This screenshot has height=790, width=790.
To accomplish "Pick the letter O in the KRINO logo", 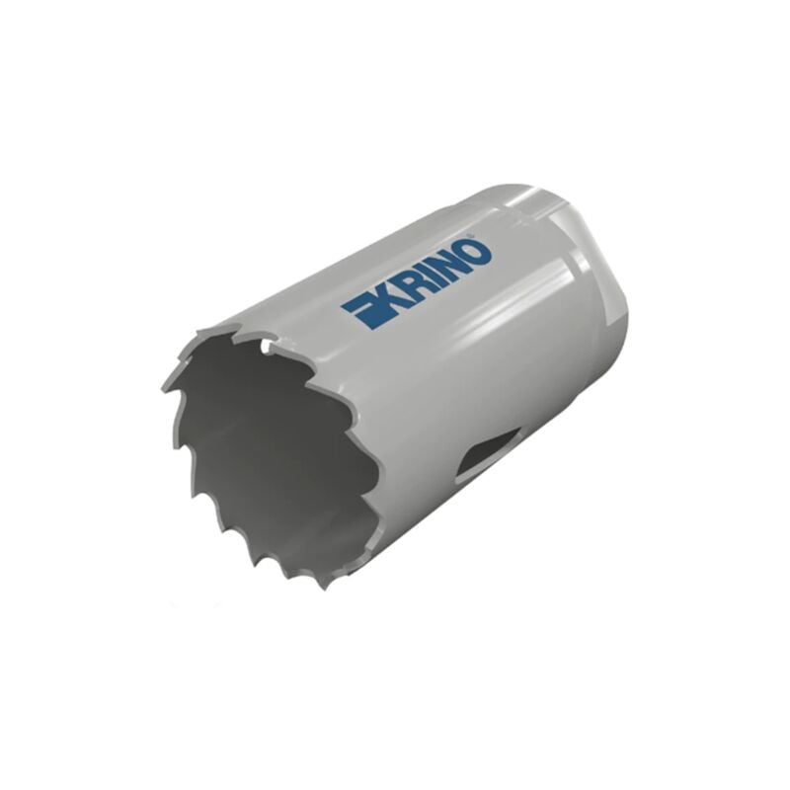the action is pyautogui.click(x=479, y=250).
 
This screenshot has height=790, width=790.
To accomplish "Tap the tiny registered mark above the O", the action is pyautogui.click(x=471, y=236).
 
